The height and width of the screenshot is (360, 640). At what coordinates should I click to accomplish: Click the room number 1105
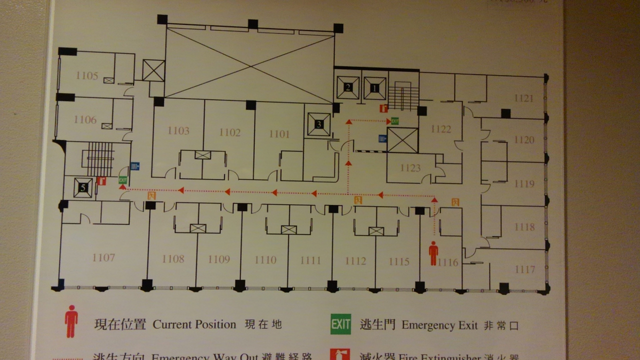tap(87, 75)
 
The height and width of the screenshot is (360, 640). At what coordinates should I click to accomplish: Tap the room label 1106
tap(85, 119)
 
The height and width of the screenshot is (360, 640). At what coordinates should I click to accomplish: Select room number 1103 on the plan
tap(178, 131)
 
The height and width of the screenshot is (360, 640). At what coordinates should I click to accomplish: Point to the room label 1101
tap(279, 133)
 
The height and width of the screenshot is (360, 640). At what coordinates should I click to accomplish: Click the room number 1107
tap(103, 257)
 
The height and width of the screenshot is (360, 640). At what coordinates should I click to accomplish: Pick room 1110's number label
tap(265, 259)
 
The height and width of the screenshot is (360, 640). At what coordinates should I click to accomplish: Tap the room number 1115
tap(399, 261)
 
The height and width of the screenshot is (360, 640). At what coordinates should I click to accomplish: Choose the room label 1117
tap(525, 269)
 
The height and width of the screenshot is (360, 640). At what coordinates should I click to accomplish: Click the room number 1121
tap(523, 98)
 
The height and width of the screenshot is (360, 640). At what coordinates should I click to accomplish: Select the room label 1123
tap(410, 168)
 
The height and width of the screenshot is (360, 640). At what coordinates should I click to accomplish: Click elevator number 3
tap(319, 124)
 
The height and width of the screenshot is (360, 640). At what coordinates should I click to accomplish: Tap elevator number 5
tap(83, 187)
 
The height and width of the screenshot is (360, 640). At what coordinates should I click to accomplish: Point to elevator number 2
tap(348, 88)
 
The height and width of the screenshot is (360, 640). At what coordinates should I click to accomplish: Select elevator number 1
tap(374, 88)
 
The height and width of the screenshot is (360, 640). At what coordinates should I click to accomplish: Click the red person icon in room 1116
tap(433, 253)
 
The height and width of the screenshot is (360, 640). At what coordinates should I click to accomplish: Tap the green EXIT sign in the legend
tap(340, 324)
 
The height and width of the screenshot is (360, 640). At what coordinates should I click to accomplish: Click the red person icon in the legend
tap(71, 321)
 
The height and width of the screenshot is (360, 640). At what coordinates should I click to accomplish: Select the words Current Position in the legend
tap(194, 324)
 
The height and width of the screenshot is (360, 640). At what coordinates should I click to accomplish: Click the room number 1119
tap(524, 183)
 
